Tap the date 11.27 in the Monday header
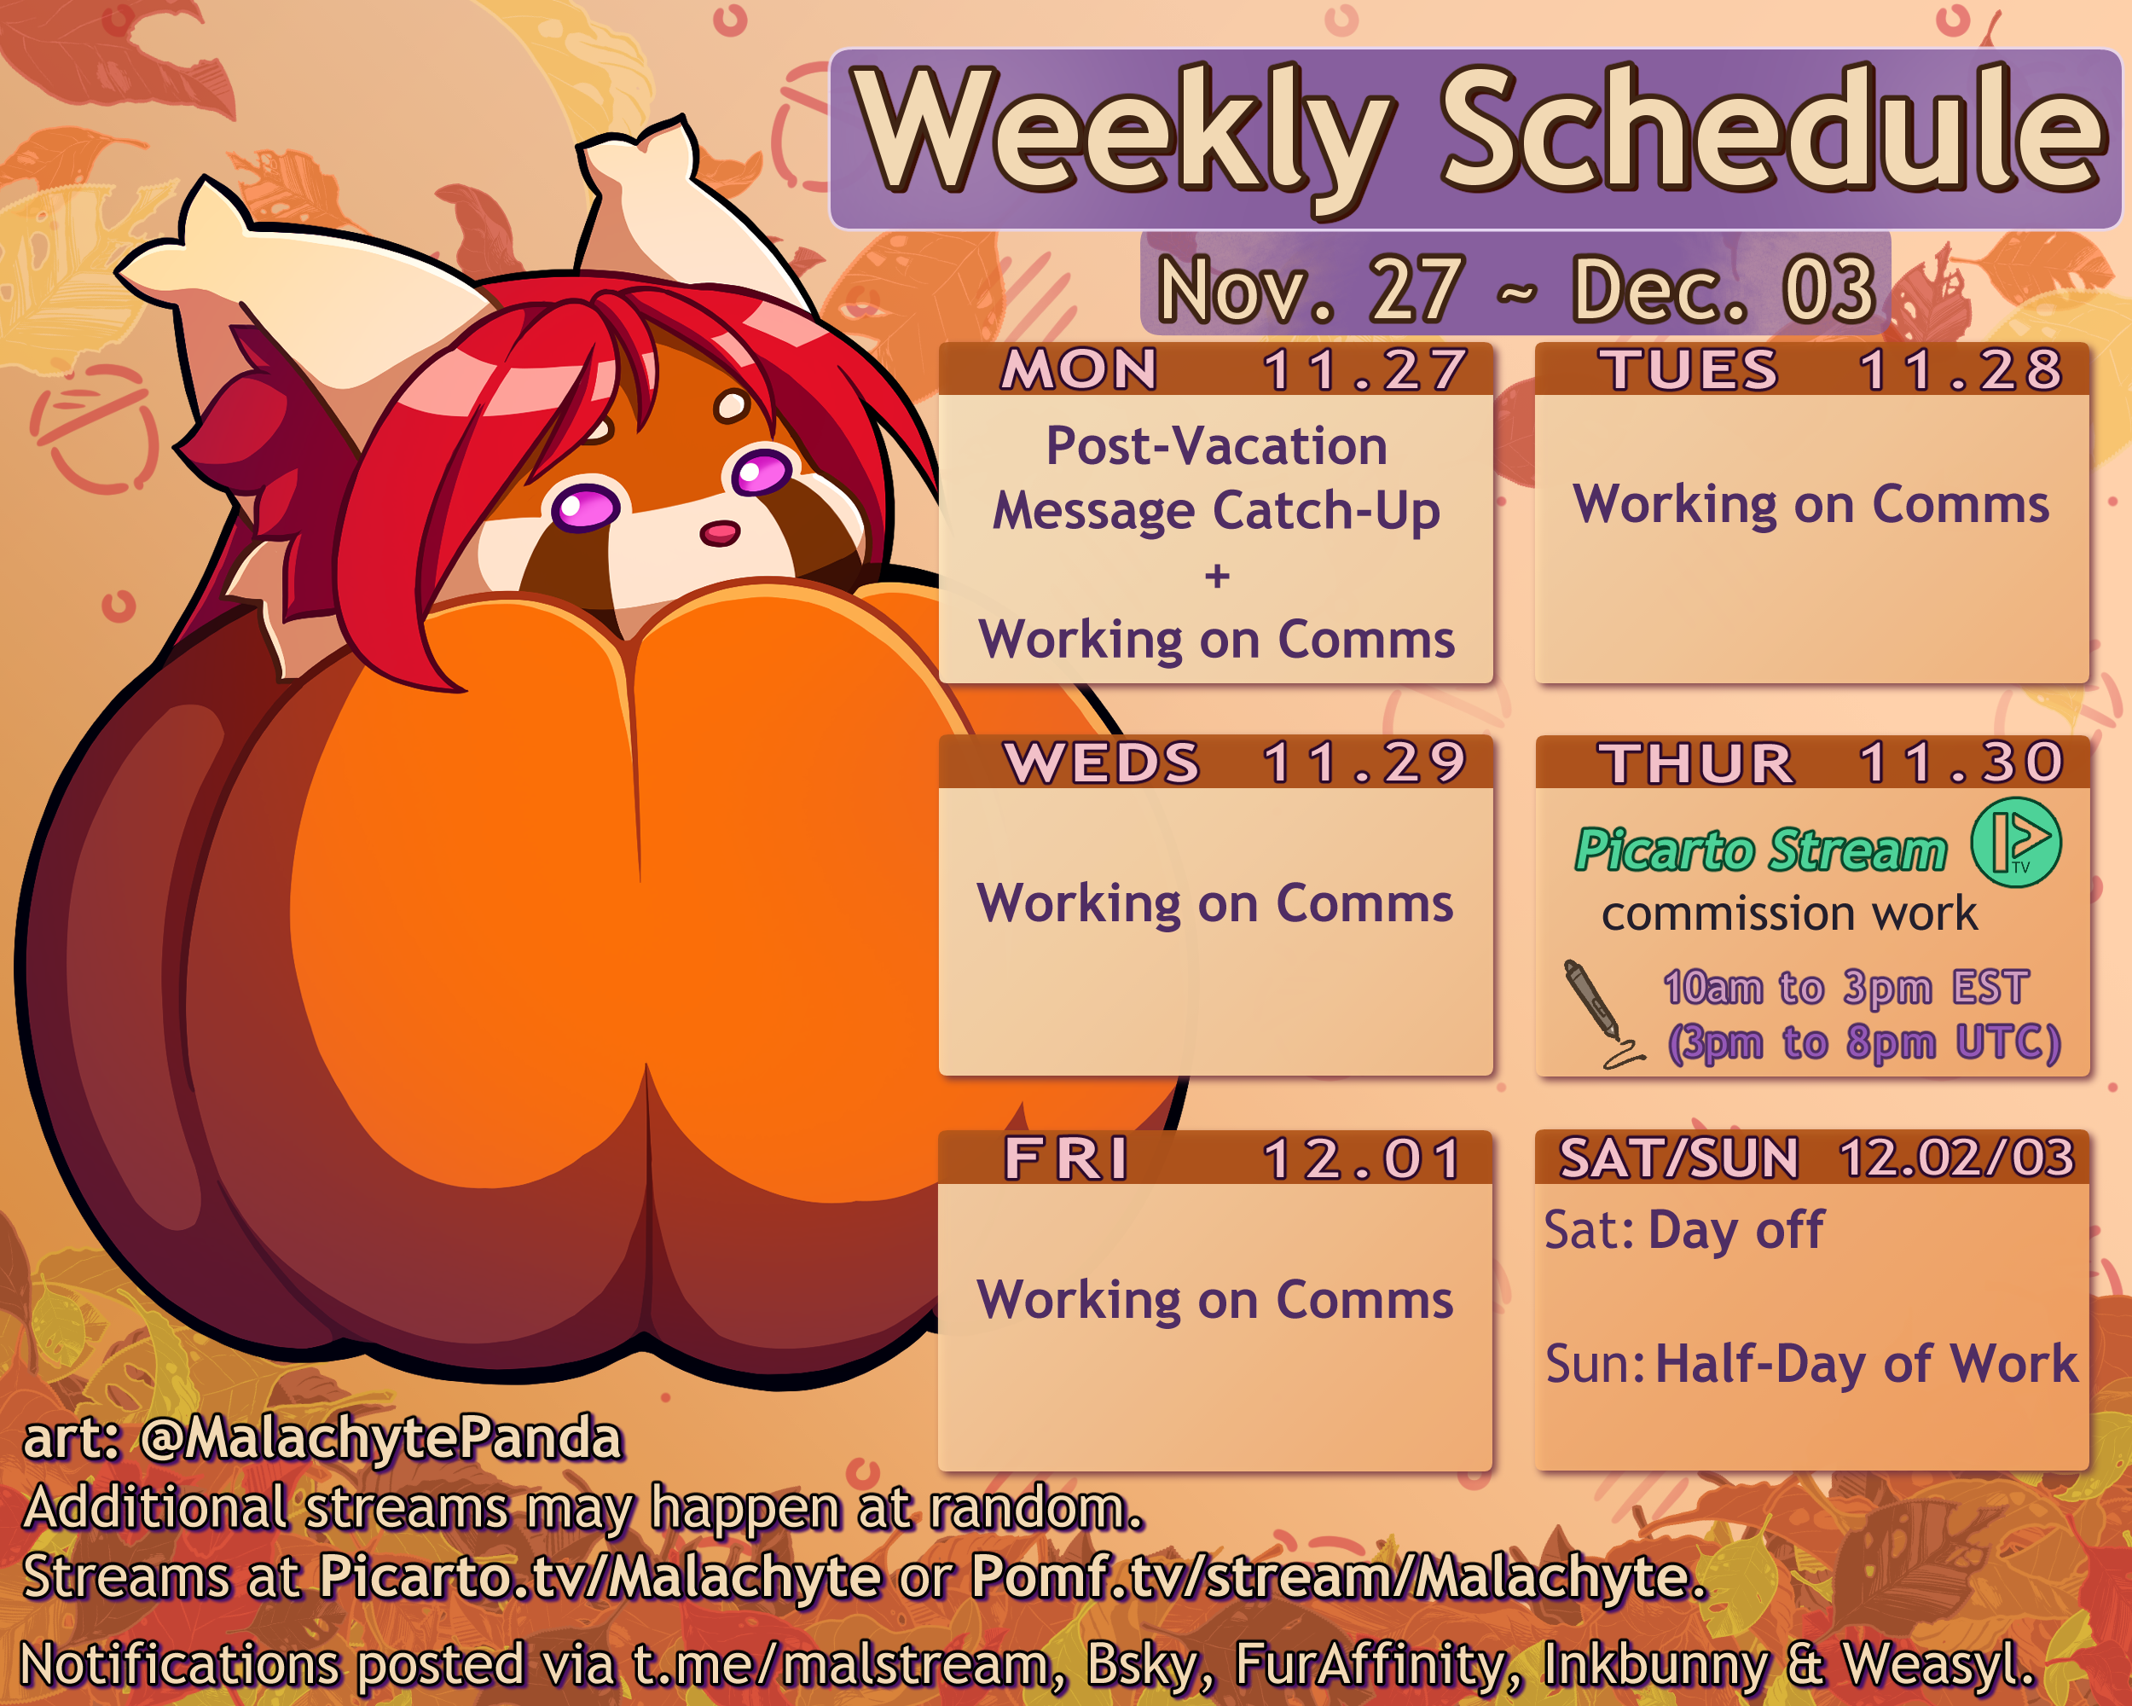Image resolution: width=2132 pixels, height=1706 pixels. [1364, 370]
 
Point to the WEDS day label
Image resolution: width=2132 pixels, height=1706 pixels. [1102, 763]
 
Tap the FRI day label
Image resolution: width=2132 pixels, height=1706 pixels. [1066, 1158]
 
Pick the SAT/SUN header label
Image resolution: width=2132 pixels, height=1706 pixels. [1679, 1158]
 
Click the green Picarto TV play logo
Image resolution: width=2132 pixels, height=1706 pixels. [2016, 843]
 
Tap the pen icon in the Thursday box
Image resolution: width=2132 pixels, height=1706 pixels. [1602, 1013]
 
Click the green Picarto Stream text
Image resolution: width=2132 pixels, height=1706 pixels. [1761, 850]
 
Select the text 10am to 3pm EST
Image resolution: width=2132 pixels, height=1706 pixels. [1846, 987]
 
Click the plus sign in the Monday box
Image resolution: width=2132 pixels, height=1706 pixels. [1217, 576]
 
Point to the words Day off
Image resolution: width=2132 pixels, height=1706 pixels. [1736, 1231]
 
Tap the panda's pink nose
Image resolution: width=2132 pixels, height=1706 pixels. [719, 534]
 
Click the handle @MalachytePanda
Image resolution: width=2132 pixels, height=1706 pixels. [380, 1438]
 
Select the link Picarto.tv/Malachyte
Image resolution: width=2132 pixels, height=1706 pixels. [600, 1576]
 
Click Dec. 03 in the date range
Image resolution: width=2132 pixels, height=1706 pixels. [1723, 290]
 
